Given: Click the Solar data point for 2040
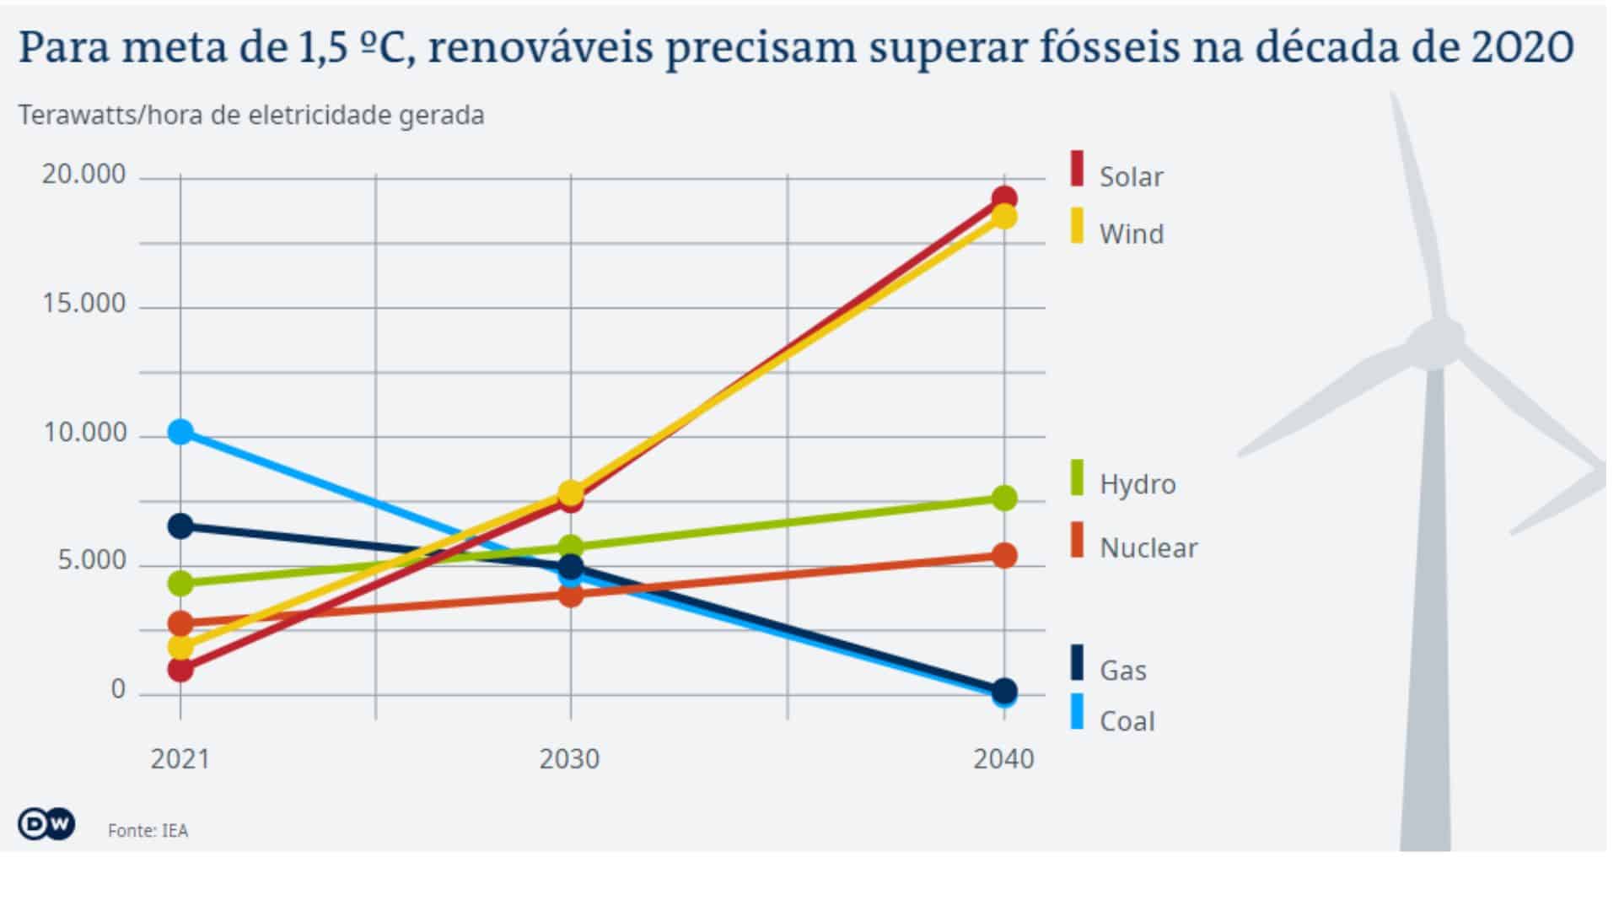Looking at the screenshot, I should click(x=1003, y=199).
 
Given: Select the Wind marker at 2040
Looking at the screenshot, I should click(x=1003, y=218).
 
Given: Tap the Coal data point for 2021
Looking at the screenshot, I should click(x=180, y=432).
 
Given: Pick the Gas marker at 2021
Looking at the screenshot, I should click(x=180, y=526).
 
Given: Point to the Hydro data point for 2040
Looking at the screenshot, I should click(x=1003, y=498).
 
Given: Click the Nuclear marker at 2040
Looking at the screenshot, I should click(x=1003, y=555).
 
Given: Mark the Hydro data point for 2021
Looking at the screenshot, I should click(x=180, y=582).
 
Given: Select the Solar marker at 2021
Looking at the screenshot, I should click(x=180, y=670).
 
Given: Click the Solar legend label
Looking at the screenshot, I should click(x=1131, y=177).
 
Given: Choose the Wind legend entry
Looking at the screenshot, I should click(x=1131, y=234).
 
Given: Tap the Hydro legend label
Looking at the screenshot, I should click(x=1137, y=484).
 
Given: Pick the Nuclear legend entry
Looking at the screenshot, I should click(x=1148, y=548).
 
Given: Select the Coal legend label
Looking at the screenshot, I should click(x=1127, y=721).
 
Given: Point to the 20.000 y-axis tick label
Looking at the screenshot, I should click(x=83, y=175).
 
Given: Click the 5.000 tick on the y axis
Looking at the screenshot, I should click(x=91, y=561).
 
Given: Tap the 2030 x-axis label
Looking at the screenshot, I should click(x=569, y=759).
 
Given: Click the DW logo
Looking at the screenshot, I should click(x=46, y=824).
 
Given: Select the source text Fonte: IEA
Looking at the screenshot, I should click(x=148, y=831).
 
